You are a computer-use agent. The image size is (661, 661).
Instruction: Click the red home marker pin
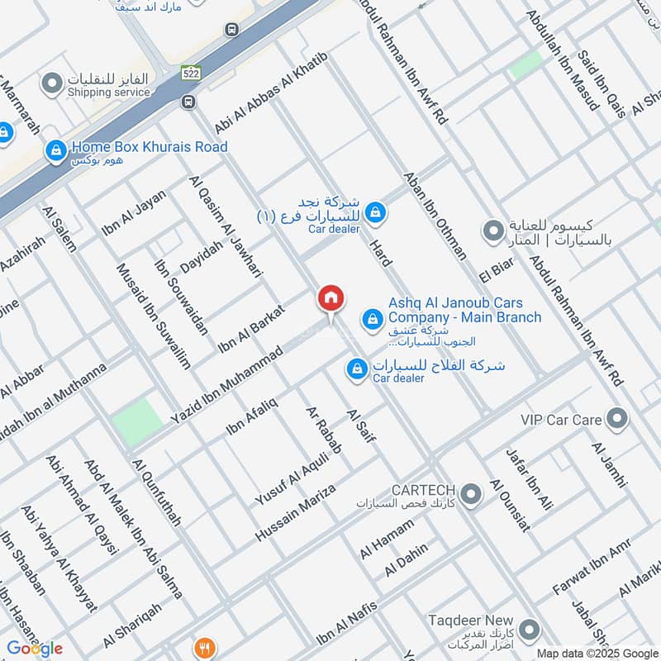pyautogui.click(x=330, y=299)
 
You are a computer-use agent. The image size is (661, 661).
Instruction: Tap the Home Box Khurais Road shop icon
pyautogui.click(x=56, y=150)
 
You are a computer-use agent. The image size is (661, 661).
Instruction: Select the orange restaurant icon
pyautogui.click(x=204, y=647)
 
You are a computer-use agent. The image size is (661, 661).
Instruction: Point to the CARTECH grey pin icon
pyautogui.click(x=471, y=495)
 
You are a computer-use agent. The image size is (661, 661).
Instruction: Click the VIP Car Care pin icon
pyautogui.click(x=616, y=419)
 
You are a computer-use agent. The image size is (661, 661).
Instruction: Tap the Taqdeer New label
pyautogui.click(x=470, y=620)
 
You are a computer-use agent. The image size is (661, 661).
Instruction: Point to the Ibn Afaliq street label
pyautogui.click(x=252, y=416)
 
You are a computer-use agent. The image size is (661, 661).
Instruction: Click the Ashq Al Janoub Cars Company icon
pyautogui.click(x=373, y=318)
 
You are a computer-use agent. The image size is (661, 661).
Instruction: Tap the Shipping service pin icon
pyautogui.click(x=53, y=83)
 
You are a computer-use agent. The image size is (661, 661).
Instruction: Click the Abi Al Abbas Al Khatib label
pyautogui.click(x=271, y=92)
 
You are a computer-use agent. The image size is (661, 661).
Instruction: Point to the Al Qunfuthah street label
pyautogui.click(x=156, y=492)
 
